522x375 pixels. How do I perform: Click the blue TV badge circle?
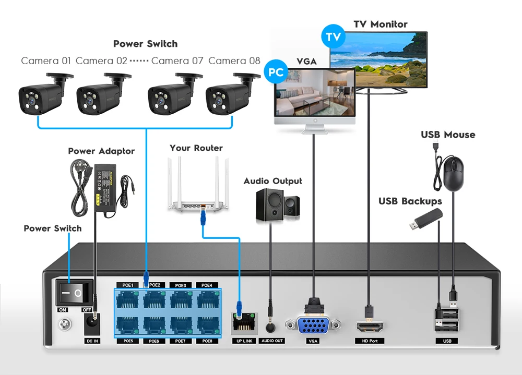point(332,38)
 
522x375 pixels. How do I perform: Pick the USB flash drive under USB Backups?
point(426,220)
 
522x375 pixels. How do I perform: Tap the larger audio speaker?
point(269,206)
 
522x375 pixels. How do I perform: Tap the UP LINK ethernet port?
point(243,324)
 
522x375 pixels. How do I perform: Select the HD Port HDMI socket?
point(370,326)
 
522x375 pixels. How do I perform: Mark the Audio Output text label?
point(272,181)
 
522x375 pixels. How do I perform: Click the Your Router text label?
point(196,148)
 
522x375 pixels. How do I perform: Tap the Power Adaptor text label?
point(101,151)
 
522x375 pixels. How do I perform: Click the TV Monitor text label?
point(380,24)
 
